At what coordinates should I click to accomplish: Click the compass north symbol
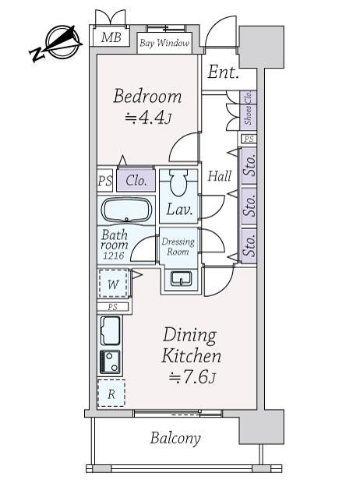click(56, 43)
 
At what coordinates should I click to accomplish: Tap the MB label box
click(111, 37)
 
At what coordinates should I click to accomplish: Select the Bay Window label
click(164, 43)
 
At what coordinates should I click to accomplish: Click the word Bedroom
click(147, 96)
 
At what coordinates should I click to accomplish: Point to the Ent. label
click(223, 72)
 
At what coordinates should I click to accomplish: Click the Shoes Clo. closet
click(248, 108)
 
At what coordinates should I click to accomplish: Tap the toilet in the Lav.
click(178, 183)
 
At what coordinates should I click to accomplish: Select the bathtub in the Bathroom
click(126, 210)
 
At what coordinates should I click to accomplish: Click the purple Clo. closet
click(136, 180)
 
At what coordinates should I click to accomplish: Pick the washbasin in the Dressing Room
click(182, 278)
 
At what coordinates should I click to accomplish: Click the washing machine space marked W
click(113, 284)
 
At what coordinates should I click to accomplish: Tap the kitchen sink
click(110, 330)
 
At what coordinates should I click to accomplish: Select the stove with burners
click(110, 362)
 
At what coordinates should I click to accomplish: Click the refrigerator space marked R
click(111, 393)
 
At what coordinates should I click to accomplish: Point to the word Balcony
click(175, 438)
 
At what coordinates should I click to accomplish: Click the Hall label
click(220, 176)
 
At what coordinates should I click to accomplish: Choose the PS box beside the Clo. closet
click(105, 180)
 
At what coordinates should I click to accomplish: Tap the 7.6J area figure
click(192, 377)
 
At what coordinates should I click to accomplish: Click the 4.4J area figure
click(147, 118)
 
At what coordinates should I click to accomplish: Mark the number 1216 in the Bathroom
click(113, 256)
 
